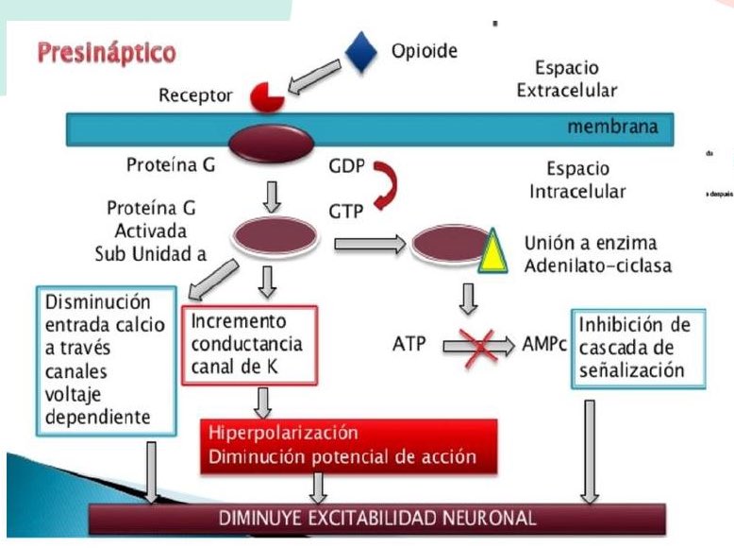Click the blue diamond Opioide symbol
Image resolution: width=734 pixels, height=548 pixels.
[x=361, y=53]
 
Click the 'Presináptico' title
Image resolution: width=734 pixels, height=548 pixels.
[x=107, y=52]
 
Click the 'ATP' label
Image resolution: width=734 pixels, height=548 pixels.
[x=409, y=347]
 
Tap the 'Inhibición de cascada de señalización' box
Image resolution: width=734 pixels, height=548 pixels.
[x=639, y=347]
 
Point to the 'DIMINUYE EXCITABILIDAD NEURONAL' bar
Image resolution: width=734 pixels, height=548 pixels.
[x=377, y=518]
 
